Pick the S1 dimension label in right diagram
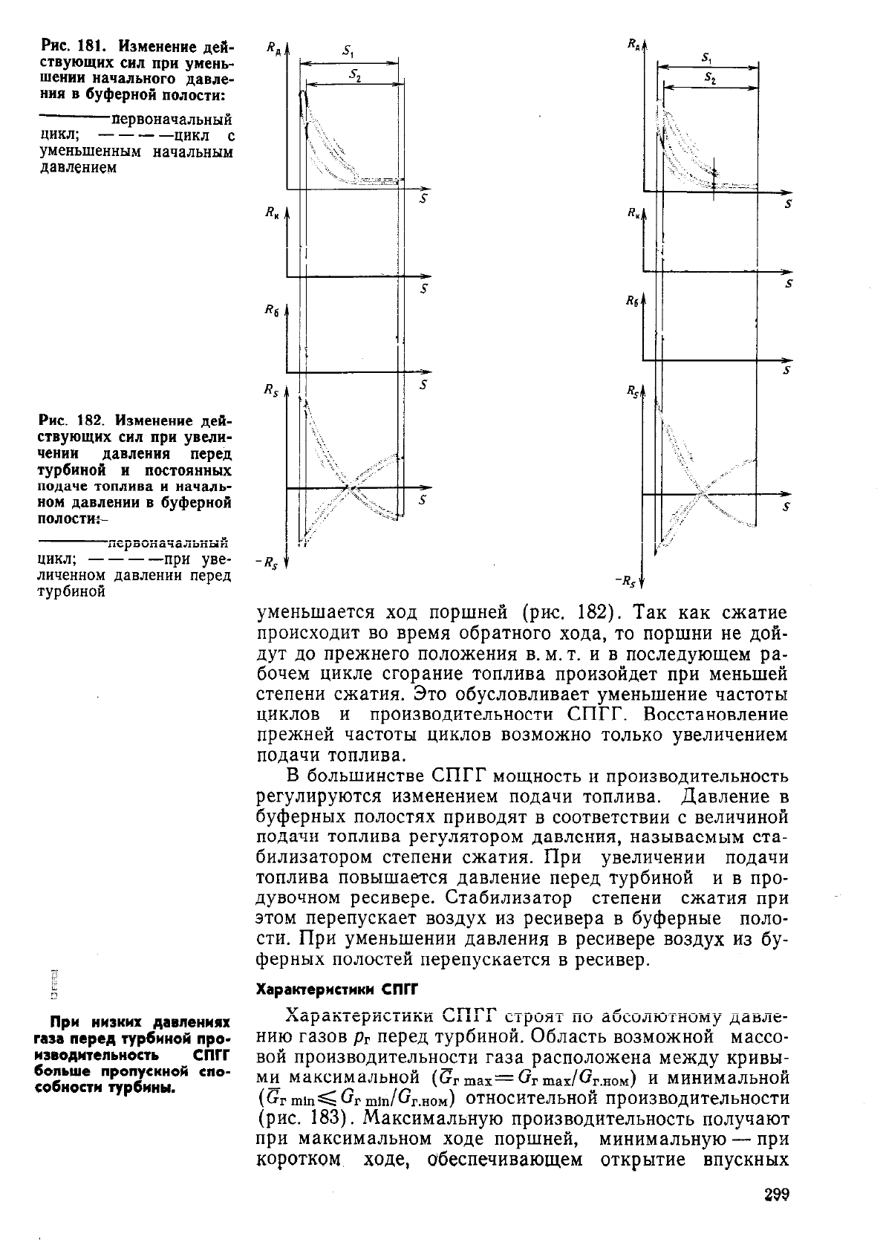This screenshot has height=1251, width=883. click(x=707, y=57)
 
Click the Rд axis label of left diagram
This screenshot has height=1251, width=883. click(x=272, y=49)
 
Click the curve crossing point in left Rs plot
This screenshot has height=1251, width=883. click(x=351, y=488)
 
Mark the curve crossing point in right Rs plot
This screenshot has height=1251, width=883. click(x=701, y=492)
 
